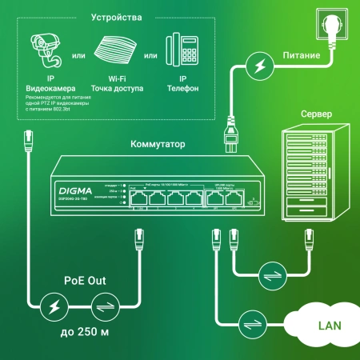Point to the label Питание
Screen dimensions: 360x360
coord(302,57)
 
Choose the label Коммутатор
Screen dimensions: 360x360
coord(158,145)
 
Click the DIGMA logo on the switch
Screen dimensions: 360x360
coord(76,190)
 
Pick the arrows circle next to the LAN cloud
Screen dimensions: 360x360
coord(254,323)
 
